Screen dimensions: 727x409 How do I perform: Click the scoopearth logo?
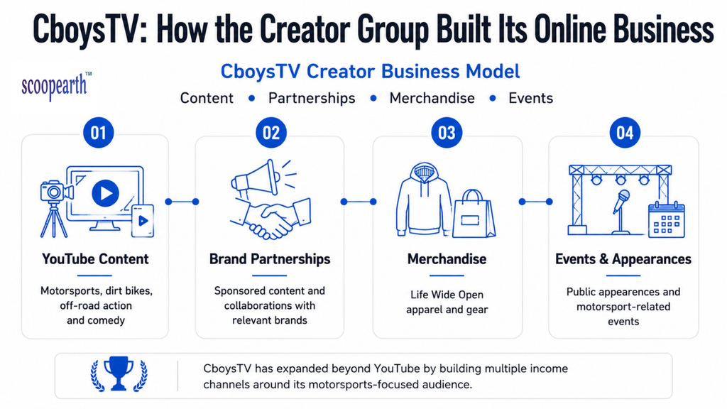coord(56,86)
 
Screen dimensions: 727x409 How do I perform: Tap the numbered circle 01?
coord(98,133)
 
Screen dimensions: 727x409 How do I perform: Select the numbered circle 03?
coord(447,133)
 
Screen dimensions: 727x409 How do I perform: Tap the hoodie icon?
coord(423,200)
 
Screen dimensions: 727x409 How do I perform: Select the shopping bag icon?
coord(473,214)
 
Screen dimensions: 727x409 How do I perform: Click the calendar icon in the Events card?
coord(666,220)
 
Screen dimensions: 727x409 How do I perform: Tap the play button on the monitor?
coord(105,193)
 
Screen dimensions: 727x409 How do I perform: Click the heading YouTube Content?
coord(96,258)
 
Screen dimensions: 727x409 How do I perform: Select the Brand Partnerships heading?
coord(270,258)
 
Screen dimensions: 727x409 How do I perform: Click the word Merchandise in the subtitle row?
coord(432,98)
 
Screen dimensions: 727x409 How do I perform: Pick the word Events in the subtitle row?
coord(531,98)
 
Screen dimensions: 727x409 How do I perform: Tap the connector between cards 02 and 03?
coord(359,202)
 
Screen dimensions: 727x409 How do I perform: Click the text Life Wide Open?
coord(447,295)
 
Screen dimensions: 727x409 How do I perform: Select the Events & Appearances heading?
coord(623,258)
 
